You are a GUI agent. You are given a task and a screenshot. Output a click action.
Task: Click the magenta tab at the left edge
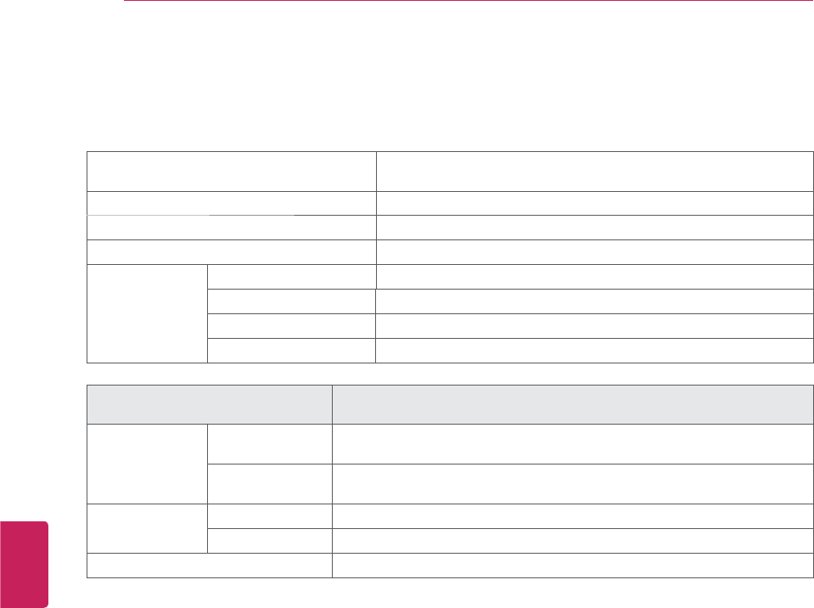pos(24,564)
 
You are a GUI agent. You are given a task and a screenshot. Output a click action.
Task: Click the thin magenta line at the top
pos(467,2)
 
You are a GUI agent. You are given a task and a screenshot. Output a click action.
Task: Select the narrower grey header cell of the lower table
pos(209,403)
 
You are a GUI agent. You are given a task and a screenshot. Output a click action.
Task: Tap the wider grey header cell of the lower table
pos(571,403)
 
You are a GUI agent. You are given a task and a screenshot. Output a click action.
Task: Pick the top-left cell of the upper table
pos(232,171)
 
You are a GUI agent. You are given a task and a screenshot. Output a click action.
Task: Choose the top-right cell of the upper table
pos(594,171)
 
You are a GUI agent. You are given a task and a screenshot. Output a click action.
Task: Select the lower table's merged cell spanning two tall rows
pos(147,464)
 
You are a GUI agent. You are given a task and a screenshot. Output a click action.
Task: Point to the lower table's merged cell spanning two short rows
pos(147,529)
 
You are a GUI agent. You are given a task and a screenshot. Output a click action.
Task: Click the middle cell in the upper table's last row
pos(291,350)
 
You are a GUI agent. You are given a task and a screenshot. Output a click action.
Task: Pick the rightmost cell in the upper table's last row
pos(594,350)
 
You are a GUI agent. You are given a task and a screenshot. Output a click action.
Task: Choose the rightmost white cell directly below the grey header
pos(571,443)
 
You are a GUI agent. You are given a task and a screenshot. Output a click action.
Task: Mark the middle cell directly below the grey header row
pos(269,443)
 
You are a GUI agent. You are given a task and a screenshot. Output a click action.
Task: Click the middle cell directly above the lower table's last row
pos(269,541)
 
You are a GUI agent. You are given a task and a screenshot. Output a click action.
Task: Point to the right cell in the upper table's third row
pos(594,227)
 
